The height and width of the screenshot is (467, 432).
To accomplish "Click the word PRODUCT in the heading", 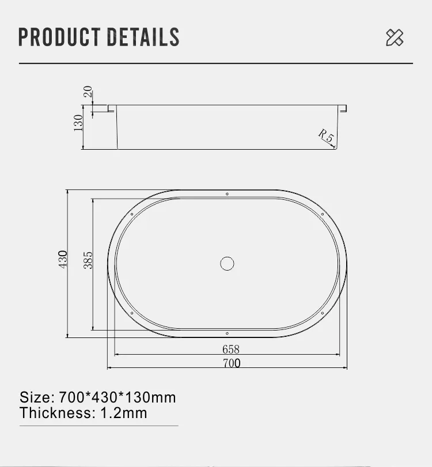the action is (x=59, y=37).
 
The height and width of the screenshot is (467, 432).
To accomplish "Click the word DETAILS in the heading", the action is (x=143, y=37).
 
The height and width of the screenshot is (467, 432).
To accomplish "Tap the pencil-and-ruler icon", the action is (x=395, y=37).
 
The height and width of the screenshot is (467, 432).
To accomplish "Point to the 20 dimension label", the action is (x=88, y=92).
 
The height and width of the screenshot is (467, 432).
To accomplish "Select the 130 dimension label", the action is (x=78, y=123).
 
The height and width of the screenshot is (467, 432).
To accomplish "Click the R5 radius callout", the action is (x=326, y=135).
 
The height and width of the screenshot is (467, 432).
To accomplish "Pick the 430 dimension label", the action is (x=63, y=259).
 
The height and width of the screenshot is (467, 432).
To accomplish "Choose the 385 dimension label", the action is (x=88, y=260).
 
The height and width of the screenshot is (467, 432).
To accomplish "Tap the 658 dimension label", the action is (x=231, y=349).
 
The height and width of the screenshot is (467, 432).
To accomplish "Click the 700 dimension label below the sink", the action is (x=232, y=363).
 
